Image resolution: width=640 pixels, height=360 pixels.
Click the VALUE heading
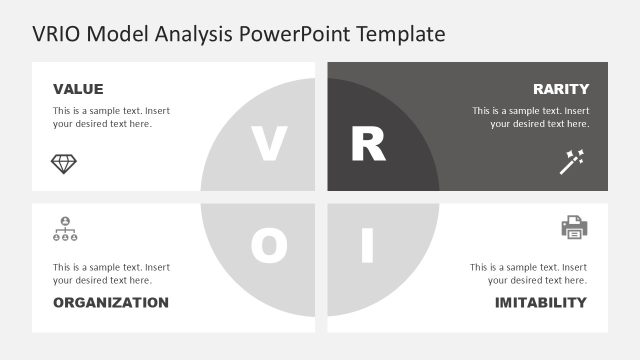78,89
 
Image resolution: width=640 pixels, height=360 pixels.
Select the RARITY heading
560,89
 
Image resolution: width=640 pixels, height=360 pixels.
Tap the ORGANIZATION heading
111,303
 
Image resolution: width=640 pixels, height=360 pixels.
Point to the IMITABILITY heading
540,303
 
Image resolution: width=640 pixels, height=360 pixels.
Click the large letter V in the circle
267,145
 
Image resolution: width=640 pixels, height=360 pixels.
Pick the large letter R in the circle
367,145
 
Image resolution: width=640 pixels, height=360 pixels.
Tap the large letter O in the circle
268,246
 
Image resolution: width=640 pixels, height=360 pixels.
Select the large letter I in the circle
367,246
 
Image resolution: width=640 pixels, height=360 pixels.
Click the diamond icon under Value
64,162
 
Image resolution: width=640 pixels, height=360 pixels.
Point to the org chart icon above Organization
64,229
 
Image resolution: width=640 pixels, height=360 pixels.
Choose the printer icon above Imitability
574,228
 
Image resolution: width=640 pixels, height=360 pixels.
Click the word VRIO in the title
58,34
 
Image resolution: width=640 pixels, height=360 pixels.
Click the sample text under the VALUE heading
111,117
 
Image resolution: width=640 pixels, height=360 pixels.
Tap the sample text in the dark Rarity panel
531,117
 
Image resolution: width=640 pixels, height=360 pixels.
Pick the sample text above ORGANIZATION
111,274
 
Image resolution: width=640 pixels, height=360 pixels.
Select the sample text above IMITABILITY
528,274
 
